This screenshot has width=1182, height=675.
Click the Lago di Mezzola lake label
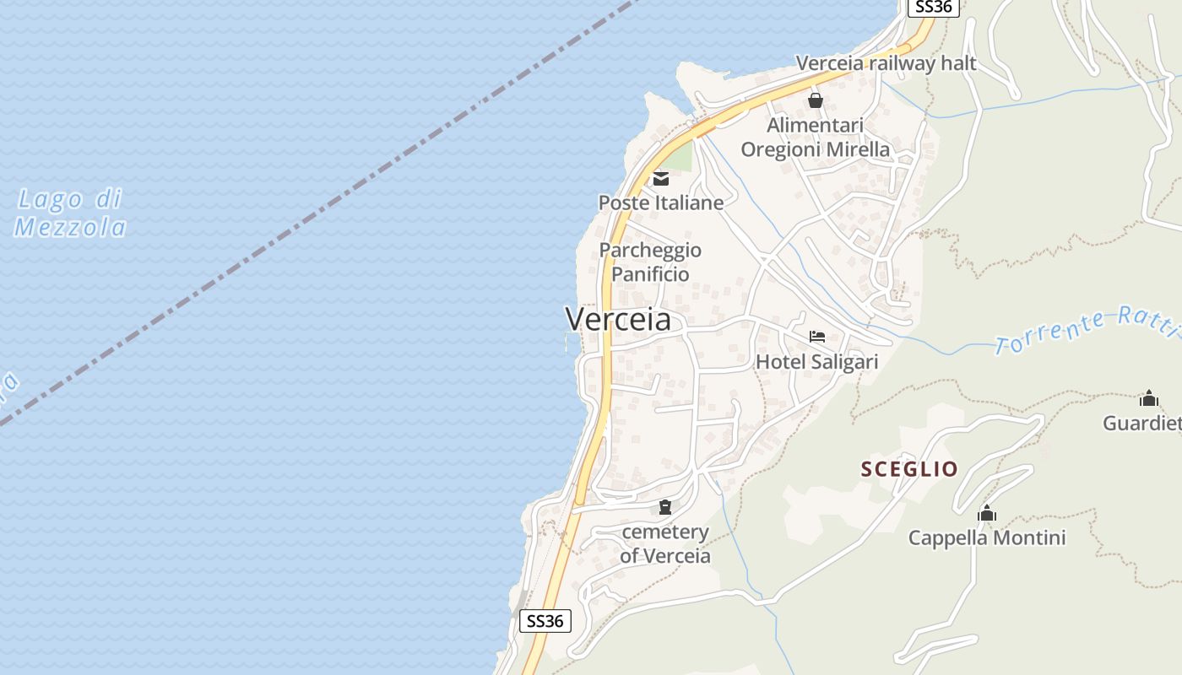(x=71, y=213)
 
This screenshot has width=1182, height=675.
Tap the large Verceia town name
(x=618, y=319)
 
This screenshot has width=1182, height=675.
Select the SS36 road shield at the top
(x=933, y=7)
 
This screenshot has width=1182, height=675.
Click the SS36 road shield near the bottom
(x=545, y=621)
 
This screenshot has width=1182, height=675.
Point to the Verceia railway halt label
(x=886, y=63)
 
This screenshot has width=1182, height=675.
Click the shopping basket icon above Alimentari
(x=816, y=100)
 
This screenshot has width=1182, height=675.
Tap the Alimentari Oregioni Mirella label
(x=815, y=138)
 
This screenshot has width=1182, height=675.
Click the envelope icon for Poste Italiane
(x=660, y=179)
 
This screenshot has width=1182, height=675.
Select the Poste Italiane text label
(x=661, y=202)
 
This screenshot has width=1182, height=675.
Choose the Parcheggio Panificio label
(x=650, y=262)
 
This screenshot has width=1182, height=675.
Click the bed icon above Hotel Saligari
(x=816, y=337)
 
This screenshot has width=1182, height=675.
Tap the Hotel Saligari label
(x=816, y=362)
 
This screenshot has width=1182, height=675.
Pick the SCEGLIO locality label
(x=909, y=469)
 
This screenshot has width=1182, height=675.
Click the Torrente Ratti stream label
(x=1086, y=330)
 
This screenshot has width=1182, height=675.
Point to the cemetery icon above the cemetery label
(x=665, y=507)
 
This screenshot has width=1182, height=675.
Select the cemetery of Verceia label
(x=665, y=544)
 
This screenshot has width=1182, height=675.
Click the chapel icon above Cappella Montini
(x=986, y=513)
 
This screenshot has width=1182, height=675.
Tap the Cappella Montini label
(x=986, y=537)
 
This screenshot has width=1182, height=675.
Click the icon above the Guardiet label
(x=1148, y=398)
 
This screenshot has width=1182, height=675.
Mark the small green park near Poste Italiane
(x=680, y=157)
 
